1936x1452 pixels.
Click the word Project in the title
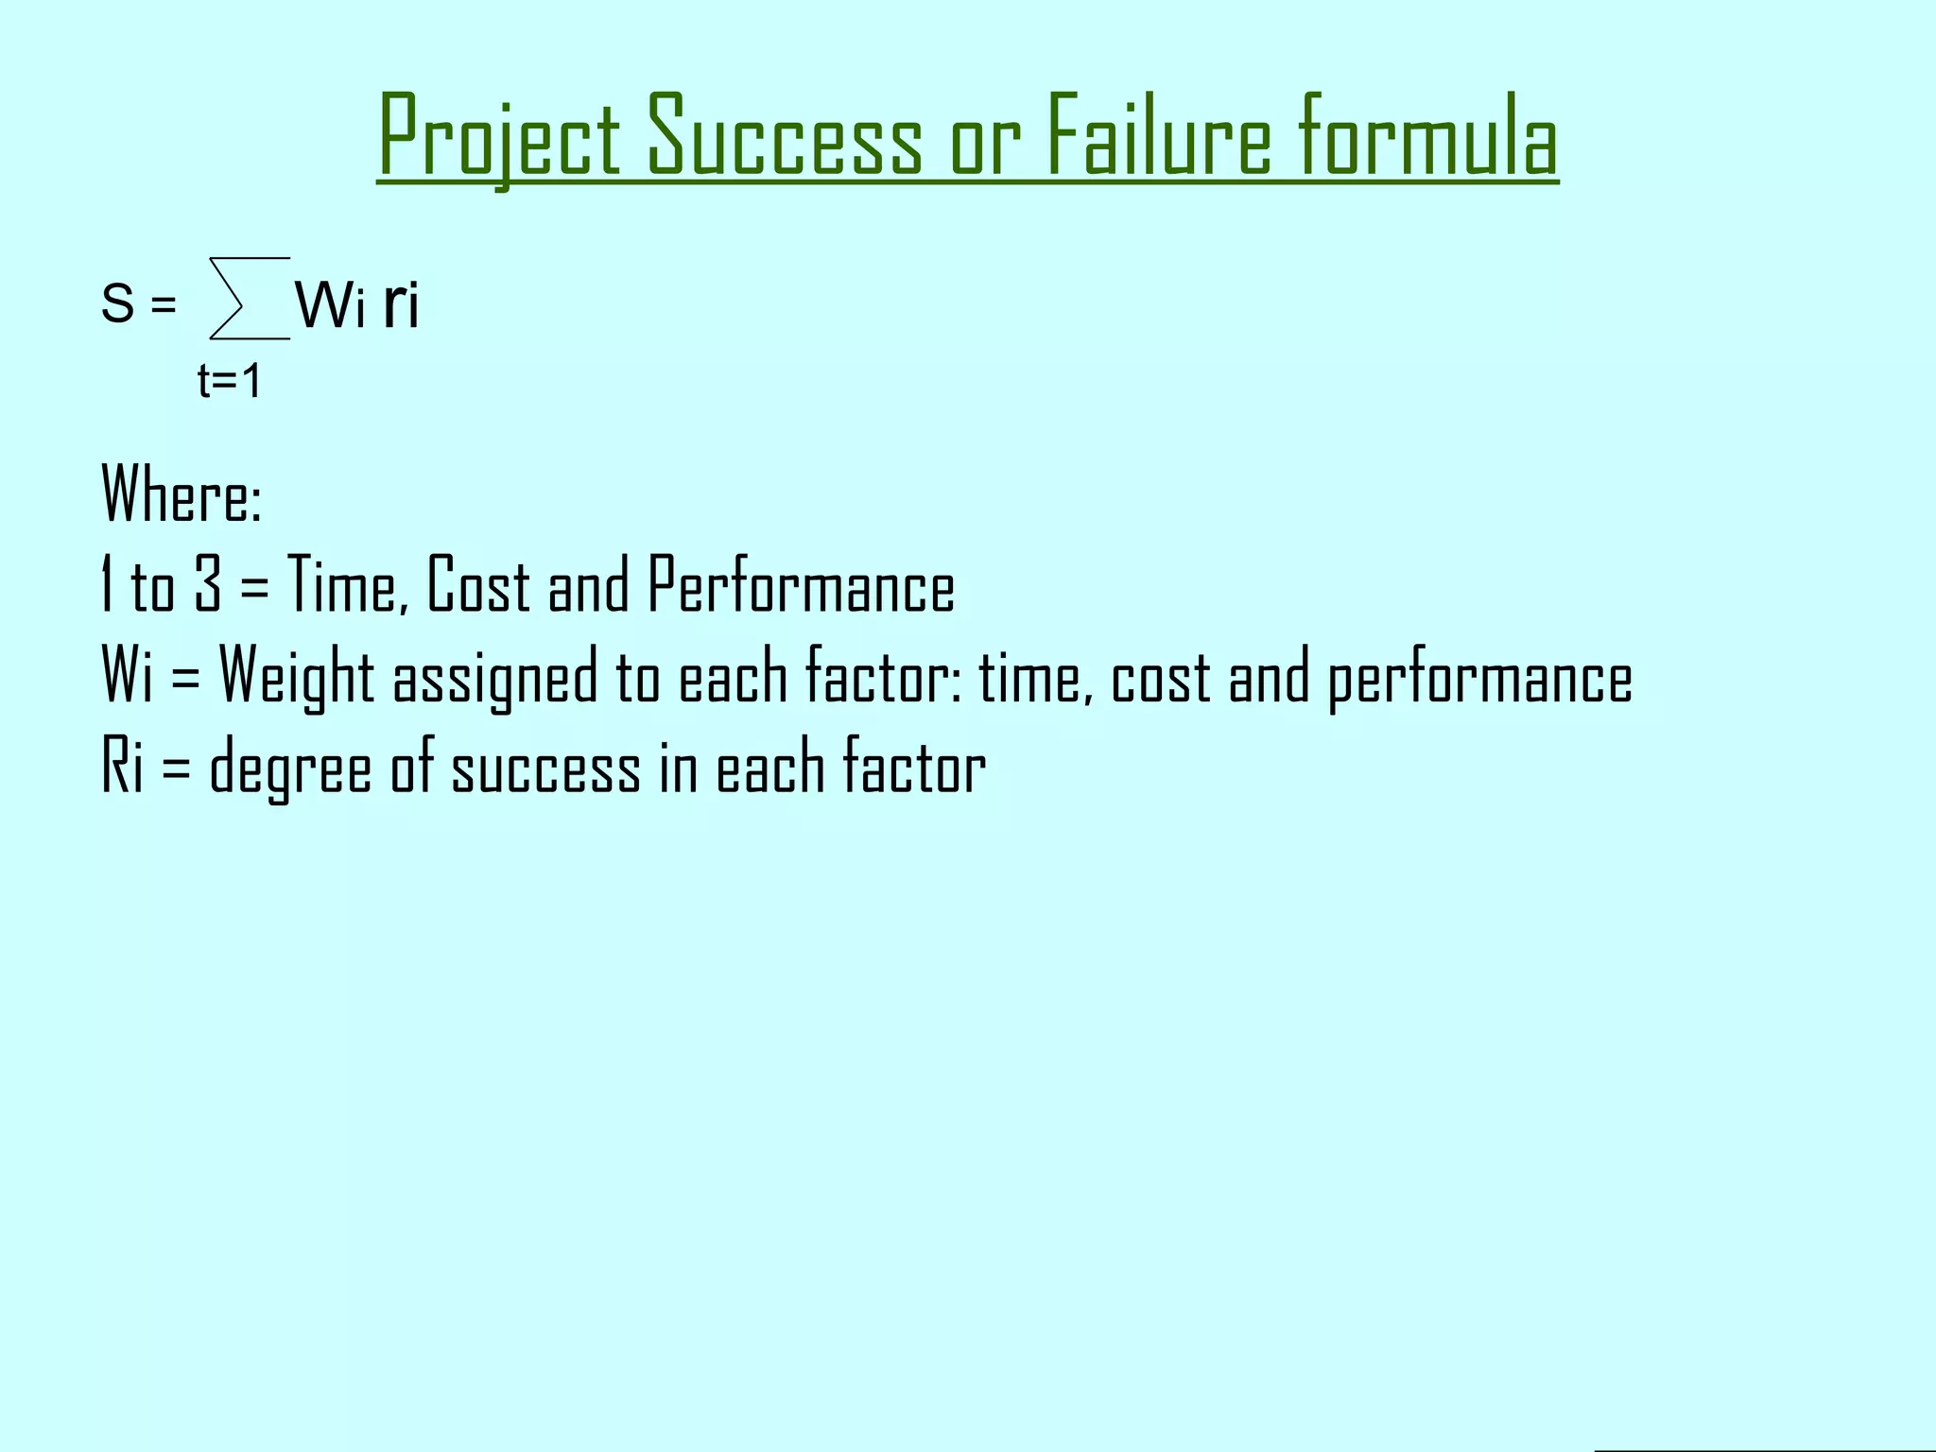[499, 137]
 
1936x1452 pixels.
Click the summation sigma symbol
[248, 299]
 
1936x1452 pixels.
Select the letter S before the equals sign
[117, 304]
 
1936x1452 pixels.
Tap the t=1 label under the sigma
[229, 382]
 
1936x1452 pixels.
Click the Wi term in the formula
[330, 305]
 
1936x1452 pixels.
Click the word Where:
[181, 493]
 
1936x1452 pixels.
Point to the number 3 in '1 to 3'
[208, 584]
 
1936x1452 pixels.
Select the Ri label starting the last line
[122, 767]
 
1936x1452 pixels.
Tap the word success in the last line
[545, 769]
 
